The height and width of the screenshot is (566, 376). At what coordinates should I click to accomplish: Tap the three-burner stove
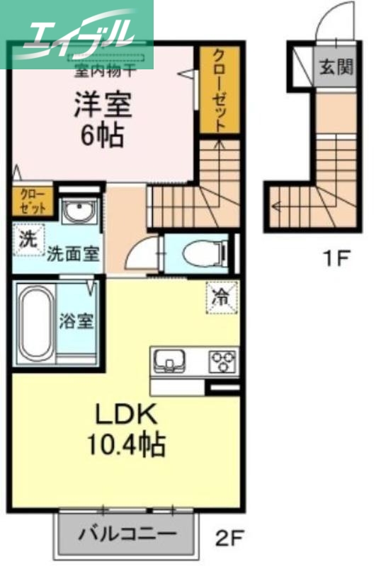point(222,362)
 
